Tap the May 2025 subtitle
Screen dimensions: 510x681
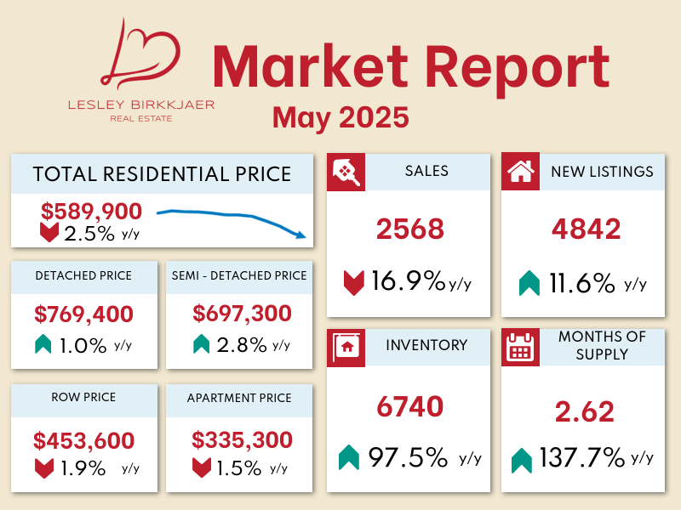click(x=340, y=117)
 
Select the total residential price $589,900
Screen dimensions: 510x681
click(x=91, y=212)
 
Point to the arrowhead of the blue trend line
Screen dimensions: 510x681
click(x=301, y=235)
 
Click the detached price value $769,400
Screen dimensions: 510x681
click(x=84, y=314)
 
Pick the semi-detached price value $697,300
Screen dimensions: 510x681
click(x=242, y=314)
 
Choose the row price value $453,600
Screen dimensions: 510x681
click(x=84, y=441)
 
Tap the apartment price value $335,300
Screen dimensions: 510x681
click(x=242, y=441)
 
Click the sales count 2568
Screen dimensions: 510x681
click(x=410, y=229)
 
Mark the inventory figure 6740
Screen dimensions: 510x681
click(x=410, y=407)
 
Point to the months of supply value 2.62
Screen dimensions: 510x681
click(x=584, y=412)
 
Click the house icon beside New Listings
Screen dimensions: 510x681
click(x=519, y=172)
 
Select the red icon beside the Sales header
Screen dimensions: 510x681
click(x=346, y=172)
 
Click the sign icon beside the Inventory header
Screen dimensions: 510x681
click(x=346, y=346)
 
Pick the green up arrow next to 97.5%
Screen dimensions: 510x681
click(x=348, y=458)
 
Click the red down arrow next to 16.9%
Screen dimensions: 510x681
click(x=353, y=282)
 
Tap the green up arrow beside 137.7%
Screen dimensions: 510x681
click(x=522, y=461)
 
